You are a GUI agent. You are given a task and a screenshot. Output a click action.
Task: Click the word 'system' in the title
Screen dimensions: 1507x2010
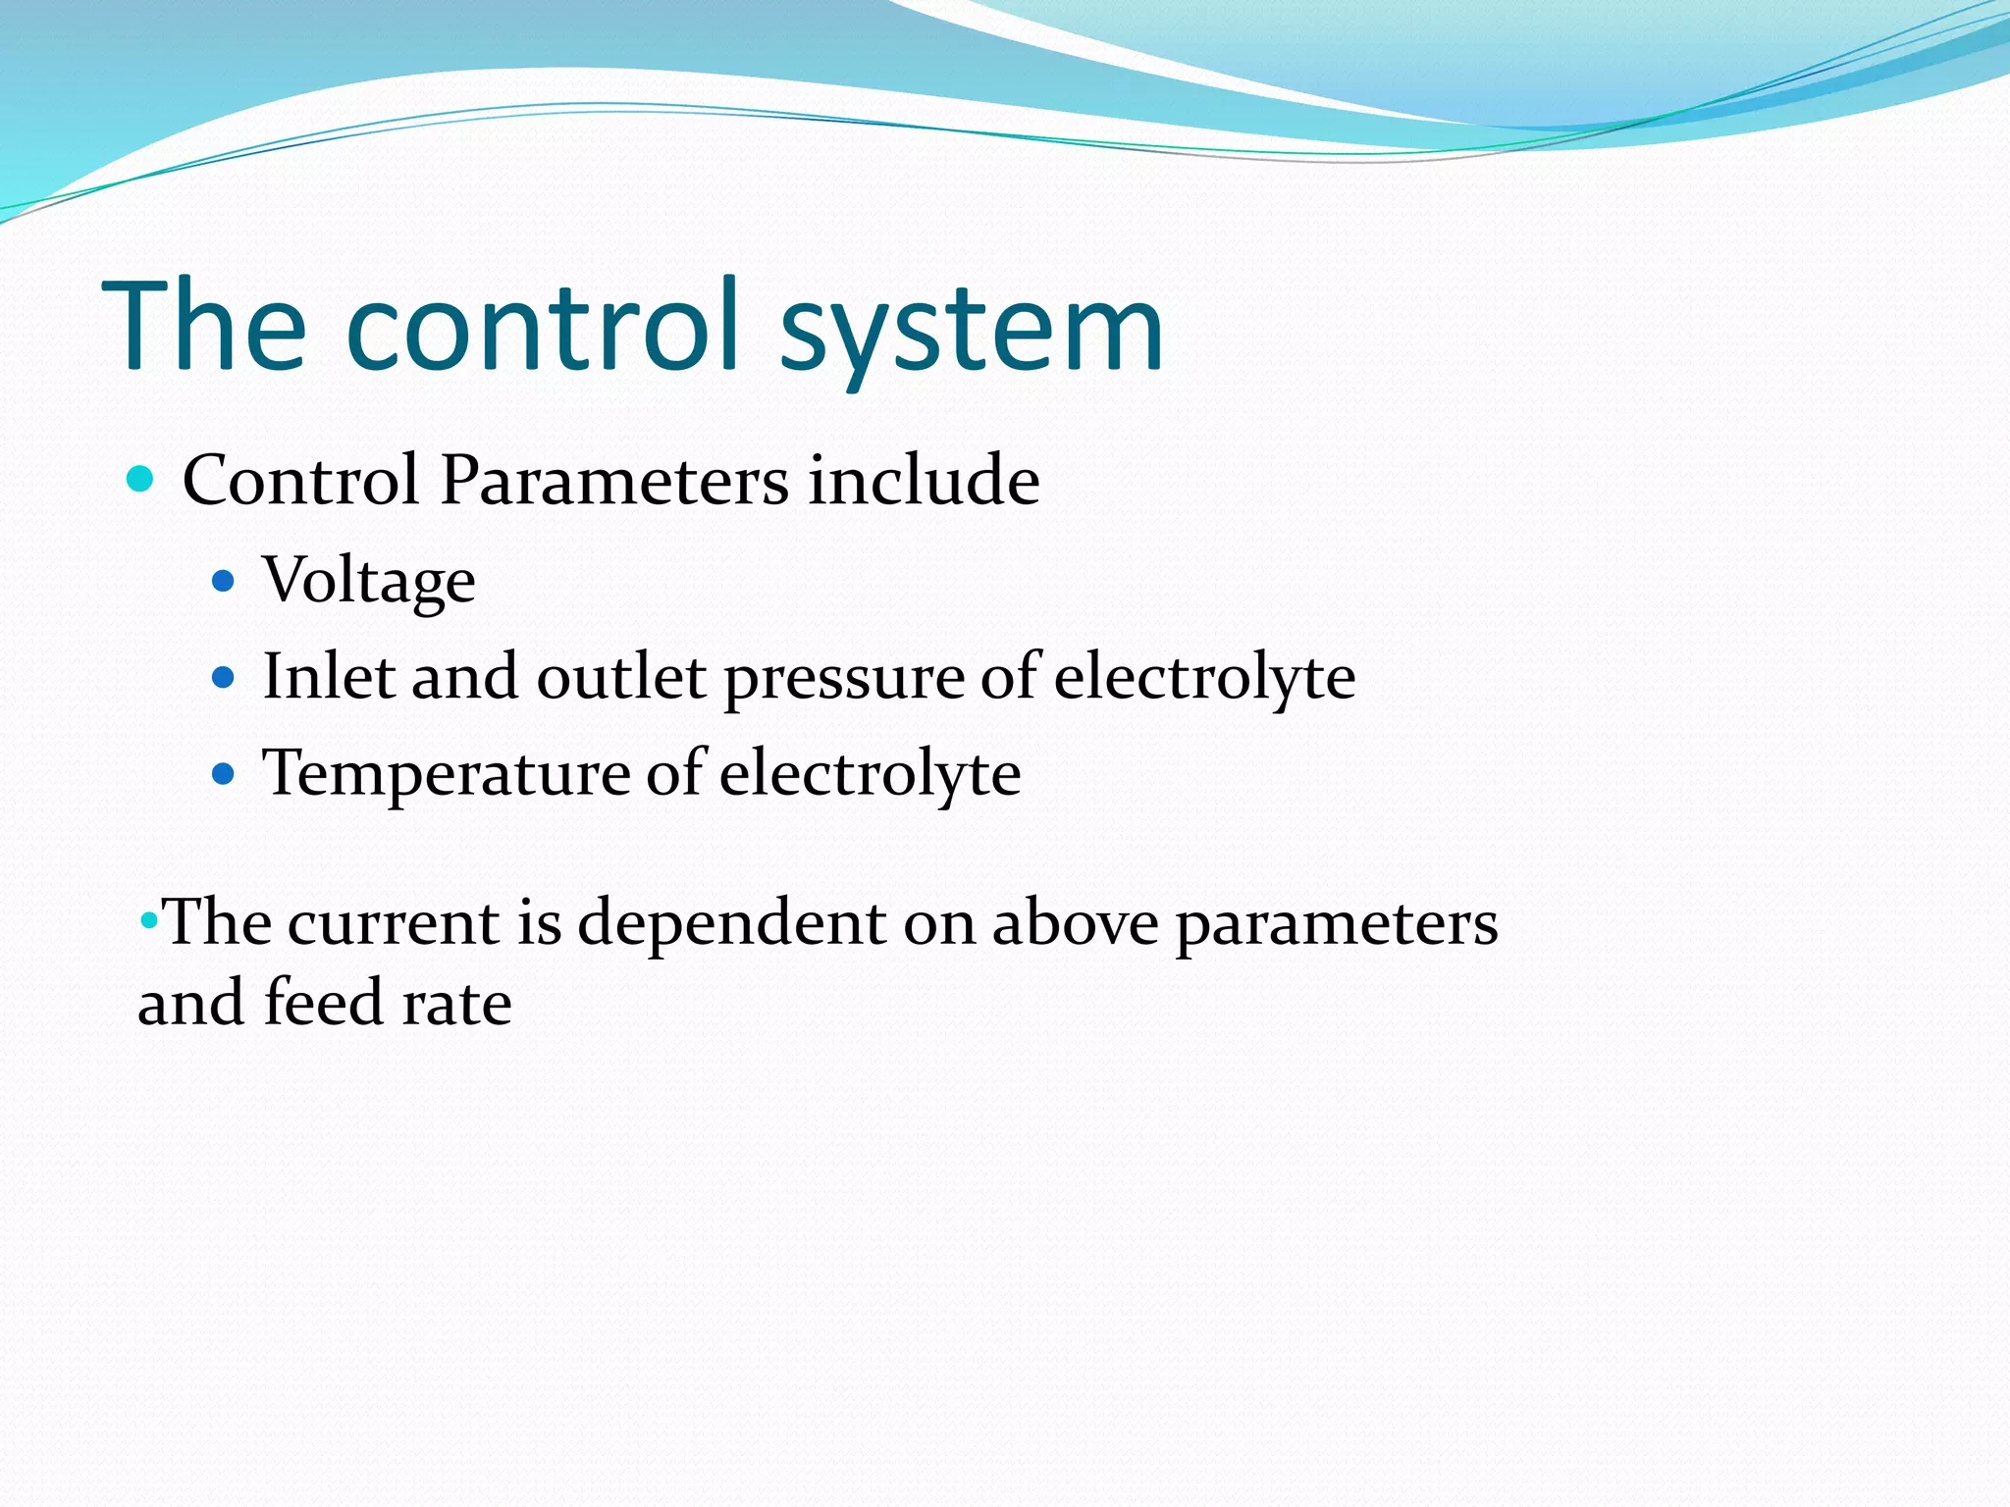click(x=972, y=329)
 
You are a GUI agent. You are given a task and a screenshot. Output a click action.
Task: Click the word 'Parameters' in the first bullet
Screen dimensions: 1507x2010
click(x=614, y=481)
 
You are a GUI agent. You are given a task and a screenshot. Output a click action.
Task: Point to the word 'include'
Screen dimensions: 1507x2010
click(x=924, y=481)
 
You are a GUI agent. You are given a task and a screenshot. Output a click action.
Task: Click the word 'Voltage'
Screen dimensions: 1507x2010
click(x=369, y=582)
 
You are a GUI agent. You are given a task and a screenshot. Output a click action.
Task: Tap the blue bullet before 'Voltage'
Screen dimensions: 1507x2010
click(x=224, y=582)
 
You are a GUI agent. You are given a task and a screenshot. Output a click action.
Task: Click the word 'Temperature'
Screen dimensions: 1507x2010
click(x=446, y=774)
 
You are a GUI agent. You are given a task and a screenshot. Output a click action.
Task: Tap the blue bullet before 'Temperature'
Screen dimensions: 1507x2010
click(x=224, y=774)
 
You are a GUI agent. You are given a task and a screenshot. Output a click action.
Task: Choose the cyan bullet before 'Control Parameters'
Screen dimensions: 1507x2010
click(x=141, y=480)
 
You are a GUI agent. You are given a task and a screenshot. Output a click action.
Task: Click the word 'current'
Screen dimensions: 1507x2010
click(x=394, y=924)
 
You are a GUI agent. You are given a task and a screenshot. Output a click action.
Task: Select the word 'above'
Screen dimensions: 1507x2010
click(x=1075, y=924)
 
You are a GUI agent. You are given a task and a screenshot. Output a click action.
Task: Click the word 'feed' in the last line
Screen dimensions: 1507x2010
click(x=322, y=1003)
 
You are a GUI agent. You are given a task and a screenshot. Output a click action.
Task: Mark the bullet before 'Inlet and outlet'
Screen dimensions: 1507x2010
click(x=224, y=677)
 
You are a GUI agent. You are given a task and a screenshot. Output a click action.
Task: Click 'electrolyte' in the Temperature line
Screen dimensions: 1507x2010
click(x=870, y=774)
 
